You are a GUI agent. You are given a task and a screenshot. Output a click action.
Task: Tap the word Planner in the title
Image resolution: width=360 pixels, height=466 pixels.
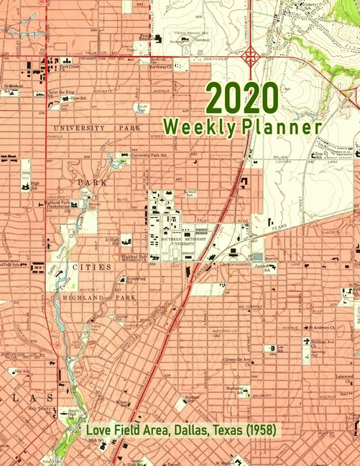tap(282, 127)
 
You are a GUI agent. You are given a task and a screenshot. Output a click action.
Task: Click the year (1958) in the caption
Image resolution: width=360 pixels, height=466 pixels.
tap(257, 431)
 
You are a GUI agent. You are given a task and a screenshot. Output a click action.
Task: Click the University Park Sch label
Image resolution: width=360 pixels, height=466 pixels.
tap(149, 155)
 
